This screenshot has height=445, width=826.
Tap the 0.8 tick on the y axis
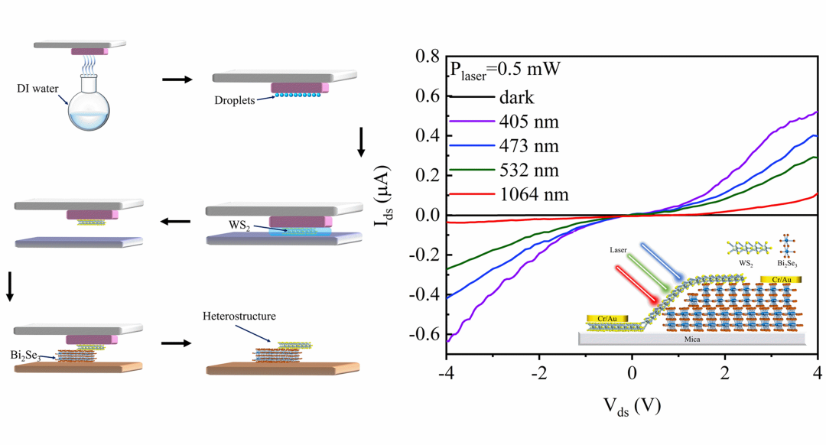click(426, 57)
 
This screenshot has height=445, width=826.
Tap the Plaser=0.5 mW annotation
click(505, 69)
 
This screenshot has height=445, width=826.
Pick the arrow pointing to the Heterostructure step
click(177, 343)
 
